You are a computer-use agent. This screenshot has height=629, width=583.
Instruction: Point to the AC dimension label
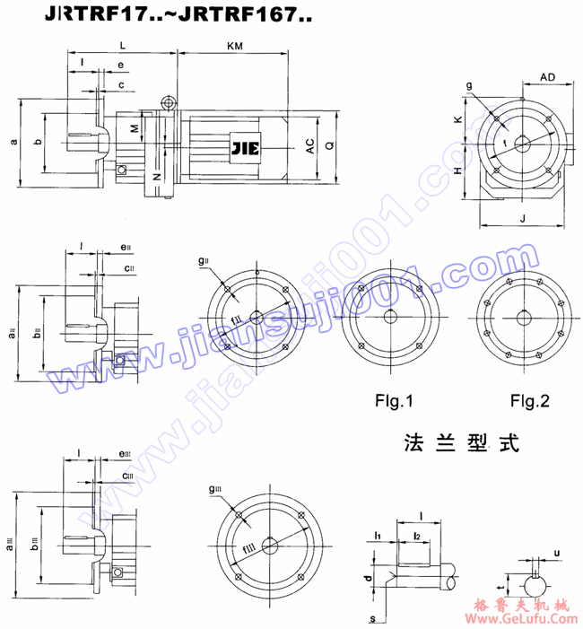click(310, 147)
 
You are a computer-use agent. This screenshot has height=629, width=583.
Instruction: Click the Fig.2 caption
click(525, 399)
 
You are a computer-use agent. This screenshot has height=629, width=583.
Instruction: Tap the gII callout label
click(204, 260)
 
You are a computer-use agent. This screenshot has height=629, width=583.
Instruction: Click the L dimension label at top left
click(122, 43)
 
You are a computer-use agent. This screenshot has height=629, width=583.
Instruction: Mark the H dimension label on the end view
click(457, 170)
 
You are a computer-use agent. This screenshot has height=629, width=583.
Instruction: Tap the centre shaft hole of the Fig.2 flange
click(524, 315)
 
